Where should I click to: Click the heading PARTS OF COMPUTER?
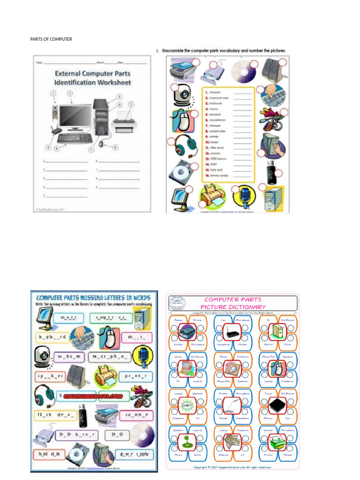tap(51, 39)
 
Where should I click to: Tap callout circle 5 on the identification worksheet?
tap(131, 105)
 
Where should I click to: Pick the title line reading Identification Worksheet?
tap(92, 82)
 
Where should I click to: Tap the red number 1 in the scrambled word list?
tap(206, 93)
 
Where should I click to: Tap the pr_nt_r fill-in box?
tap(135, 376)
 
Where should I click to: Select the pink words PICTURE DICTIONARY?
tap(232, 307)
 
